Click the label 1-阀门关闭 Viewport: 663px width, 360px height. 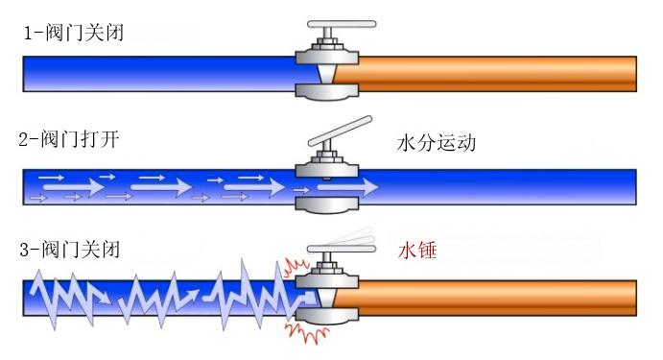[x=74, y=33]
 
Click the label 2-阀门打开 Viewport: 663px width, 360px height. [x=69, y=139]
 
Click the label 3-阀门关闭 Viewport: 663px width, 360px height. [x=70, y=250]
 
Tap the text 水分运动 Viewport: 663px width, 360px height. [x=437, y=143]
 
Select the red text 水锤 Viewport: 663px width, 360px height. [x=417, y=251]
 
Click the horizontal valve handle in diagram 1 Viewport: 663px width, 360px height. [x=342, y=24]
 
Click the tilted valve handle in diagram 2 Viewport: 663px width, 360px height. [x=341, y=131]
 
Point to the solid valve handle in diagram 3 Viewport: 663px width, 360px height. [x=342, y=250]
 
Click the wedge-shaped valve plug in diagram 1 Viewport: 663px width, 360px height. [x=327, y=74]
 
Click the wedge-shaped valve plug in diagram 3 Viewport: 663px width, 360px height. [x=327, y=298]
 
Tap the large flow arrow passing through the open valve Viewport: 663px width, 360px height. [x=347, y=187]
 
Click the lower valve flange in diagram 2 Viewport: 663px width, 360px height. [x=327, y=205]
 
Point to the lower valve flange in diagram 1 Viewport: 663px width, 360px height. [x=327, y=92]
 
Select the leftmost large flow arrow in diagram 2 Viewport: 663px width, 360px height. [x=74, y=186]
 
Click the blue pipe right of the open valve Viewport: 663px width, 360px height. [x=498, y=187]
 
